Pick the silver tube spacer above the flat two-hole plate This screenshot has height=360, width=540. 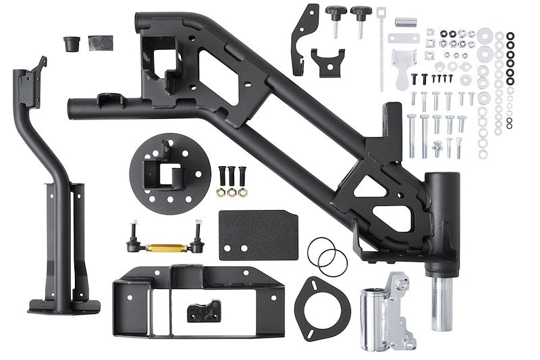click(x=405, y=24)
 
